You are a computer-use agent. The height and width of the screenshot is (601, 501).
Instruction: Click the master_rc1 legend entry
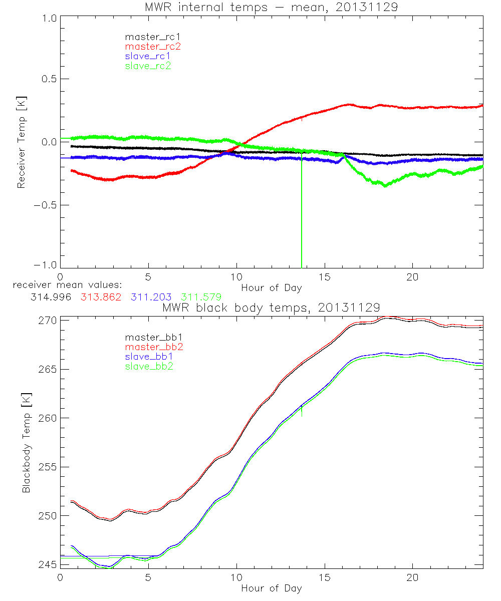coord(147,37)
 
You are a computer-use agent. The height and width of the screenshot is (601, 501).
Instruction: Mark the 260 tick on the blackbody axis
coord(47,418)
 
